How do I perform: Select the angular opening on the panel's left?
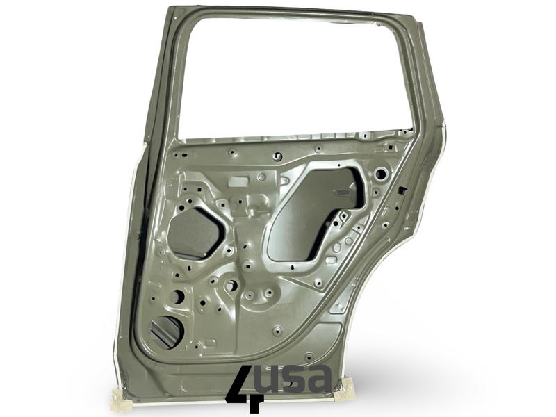196,231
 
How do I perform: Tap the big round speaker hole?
167,332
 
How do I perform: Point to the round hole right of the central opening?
380,174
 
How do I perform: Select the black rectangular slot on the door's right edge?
402,190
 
